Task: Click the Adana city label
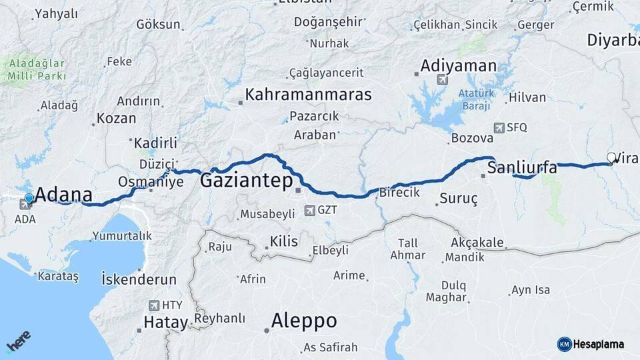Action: [63, 195]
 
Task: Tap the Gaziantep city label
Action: [246, 180]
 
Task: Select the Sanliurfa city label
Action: [522, 167]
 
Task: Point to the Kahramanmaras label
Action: [308, 94]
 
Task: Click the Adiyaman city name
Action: [458, 66]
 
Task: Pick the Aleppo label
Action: [303, 321]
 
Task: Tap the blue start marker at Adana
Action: [29, 199]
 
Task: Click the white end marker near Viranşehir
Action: [611, 158]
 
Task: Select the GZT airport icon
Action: [309, 211]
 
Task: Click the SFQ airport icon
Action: [499, 127]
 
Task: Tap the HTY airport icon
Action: [154, 305]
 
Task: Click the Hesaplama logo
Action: [591, 344]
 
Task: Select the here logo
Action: [19, 341]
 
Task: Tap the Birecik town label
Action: [399, 192]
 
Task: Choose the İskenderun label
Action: [139, 279]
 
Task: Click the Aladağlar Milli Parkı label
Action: [37, 70]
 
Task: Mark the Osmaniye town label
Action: [151, 182]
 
